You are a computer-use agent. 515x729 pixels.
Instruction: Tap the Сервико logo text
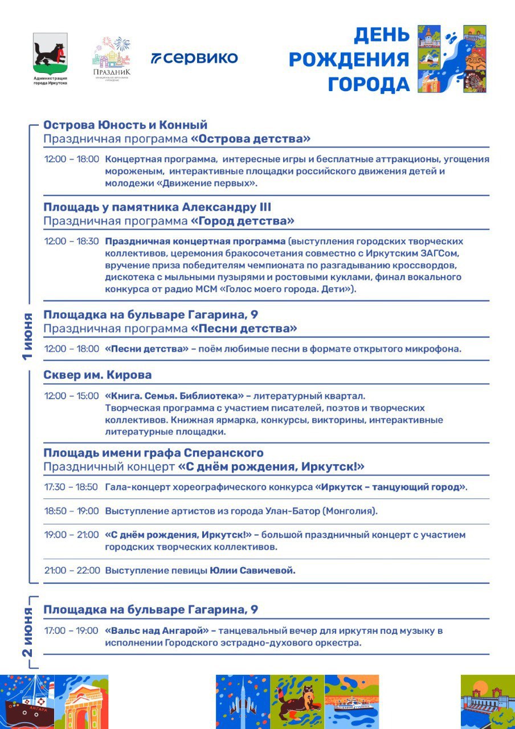(194, 58)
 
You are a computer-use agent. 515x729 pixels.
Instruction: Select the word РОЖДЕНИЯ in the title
(349, 59)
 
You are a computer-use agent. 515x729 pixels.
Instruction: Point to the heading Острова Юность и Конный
(125, 125)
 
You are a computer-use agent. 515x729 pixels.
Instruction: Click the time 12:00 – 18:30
(72, 241)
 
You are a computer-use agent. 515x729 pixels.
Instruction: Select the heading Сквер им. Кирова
(97, 375)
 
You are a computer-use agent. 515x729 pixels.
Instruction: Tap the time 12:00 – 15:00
(72, 396)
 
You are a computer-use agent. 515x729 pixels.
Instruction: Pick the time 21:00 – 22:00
(72, 571)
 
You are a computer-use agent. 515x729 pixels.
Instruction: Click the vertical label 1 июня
(28, 336)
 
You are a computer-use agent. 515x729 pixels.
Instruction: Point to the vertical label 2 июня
(28, 632)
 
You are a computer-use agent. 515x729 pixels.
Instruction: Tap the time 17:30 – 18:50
(72, 488)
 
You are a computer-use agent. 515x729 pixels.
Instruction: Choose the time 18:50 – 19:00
(72, 511)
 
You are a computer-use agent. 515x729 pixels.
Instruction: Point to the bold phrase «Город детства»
(242, 220)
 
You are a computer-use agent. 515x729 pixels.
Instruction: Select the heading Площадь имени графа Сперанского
(154, 453)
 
